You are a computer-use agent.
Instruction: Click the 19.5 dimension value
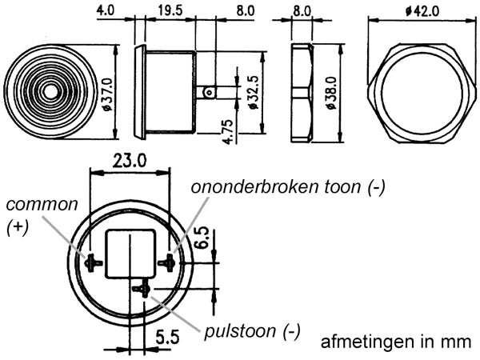point(169,13)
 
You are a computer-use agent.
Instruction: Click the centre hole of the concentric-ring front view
point(50,90)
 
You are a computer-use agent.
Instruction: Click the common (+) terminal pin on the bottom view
point(92,261)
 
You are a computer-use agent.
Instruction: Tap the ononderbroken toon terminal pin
point(167,261)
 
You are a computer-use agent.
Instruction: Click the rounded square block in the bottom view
point(130,253)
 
